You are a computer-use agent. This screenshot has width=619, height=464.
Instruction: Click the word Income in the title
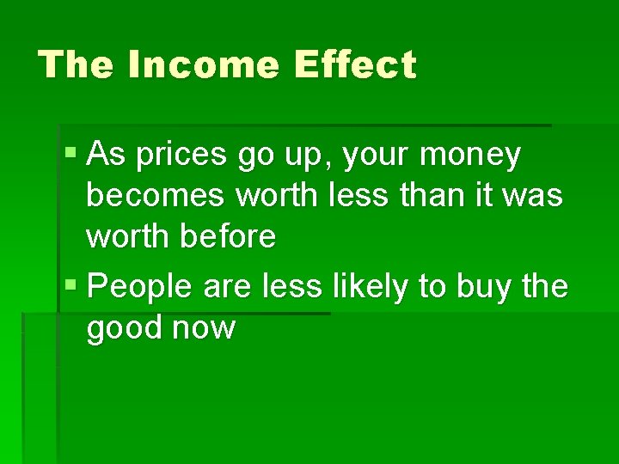pos(204,65)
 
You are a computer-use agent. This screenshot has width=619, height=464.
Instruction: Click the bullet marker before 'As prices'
pos(71,156)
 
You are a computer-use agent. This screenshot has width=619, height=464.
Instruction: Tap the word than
pos(415,196)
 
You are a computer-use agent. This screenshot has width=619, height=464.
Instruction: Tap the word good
pos(124,327)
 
